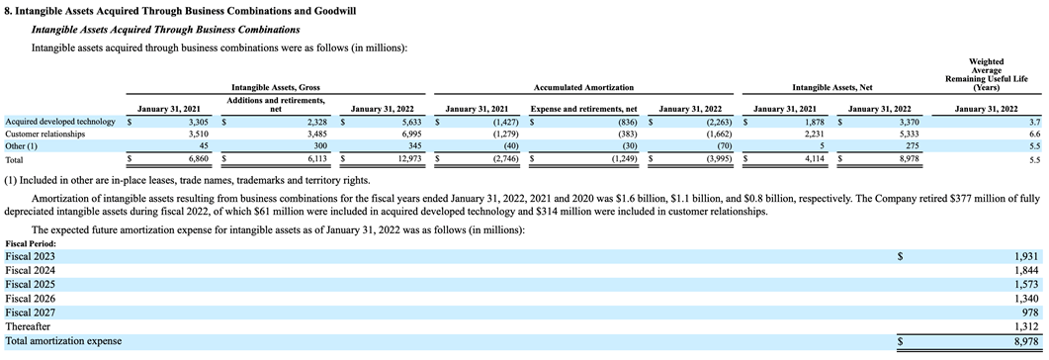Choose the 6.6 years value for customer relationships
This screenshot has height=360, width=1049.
tap(1034, 133)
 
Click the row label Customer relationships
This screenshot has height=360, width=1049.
tap(44, 133)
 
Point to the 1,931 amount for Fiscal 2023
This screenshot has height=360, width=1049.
tap(1027, 256)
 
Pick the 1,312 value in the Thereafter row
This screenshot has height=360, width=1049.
tap(1027, 325)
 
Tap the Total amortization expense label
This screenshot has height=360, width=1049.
tap(63, 340)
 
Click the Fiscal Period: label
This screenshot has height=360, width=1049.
tap(31, 243)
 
